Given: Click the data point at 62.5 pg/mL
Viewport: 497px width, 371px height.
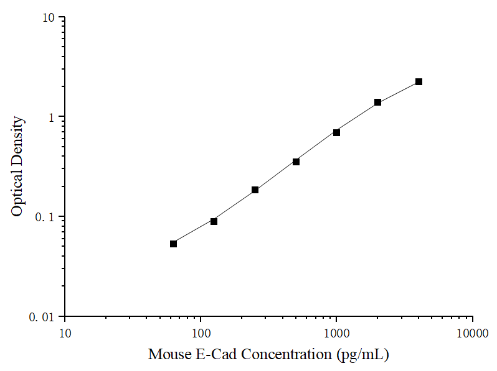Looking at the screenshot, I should click(x=173, y=244).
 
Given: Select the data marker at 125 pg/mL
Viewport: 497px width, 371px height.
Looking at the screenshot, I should click(x=214, y=221).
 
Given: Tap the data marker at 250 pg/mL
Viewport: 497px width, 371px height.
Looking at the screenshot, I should click(x=255, y=190).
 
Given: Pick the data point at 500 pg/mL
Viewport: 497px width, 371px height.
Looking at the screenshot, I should click(x=296, y=162).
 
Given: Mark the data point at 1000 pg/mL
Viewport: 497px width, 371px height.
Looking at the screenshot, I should click(x=336, y=132).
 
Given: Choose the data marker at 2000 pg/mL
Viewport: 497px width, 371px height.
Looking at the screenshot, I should click(x=377, y=102).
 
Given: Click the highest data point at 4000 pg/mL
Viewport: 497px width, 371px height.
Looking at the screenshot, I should click(x=419, y=81).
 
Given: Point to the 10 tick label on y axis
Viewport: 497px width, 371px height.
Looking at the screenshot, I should click(x=49, y=17).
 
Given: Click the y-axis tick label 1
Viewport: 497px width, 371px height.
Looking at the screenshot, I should click(x=52, y=117).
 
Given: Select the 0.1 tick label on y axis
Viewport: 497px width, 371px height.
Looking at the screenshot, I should click(x=46, y=217).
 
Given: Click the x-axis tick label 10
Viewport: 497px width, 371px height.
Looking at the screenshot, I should click(x=65, y=333).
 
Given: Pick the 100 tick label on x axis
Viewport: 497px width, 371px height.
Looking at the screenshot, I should click(x=201, y=333).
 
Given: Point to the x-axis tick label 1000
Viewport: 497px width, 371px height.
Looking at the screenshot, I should click(x=336, y=333).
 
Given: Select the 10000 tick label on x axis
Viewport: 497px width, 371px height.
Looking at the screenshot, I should click(x=472, y=333).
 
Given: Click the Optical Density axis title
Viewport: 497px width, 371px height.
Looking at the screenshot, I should click(x=18, y=167).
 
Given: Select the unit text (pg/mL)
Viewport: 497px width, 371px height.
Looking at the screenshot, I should click(x=362, y=355).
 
